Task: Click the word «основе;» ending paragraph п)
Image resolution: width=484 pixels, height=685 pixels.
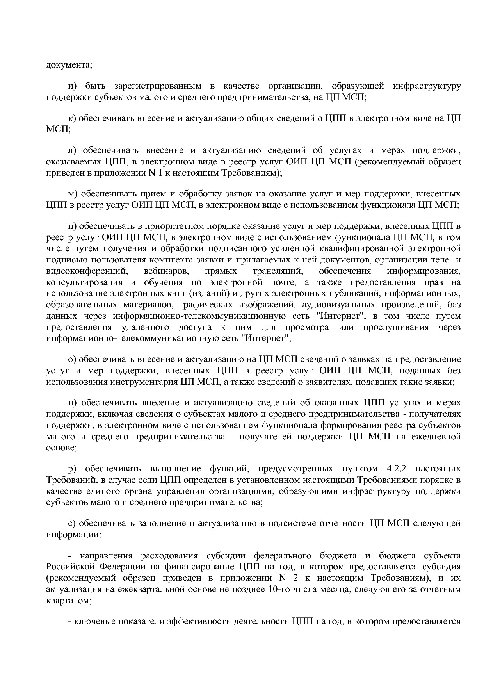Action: point(61,448)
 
